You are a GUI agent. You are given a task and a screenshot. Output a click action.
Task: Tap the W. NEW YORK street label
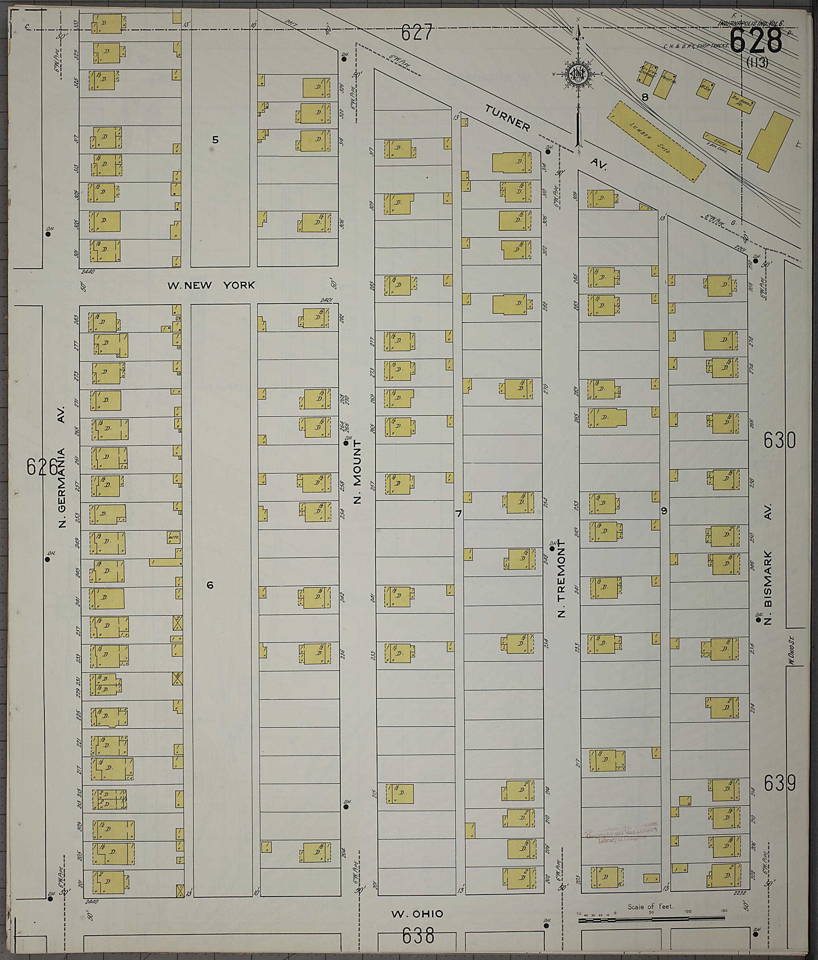click(211, 285)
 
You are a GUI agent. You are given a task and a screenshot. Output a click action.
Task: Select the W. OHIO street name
click(417, 914)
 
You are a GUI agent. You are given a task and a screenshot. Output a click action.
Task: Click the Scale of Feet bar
click(651, 917)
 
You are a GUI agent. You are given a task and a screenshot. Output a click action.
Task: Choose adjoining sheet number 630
click(779, 440)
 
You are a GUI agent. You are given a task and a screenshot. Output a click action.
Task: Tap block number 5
click(215, 139)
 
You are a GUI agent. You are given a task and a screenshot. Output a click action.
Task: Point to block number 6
click(210, 585)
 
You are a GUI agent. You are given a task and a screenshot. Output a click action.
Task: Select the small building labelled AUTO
click(173, 537)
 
